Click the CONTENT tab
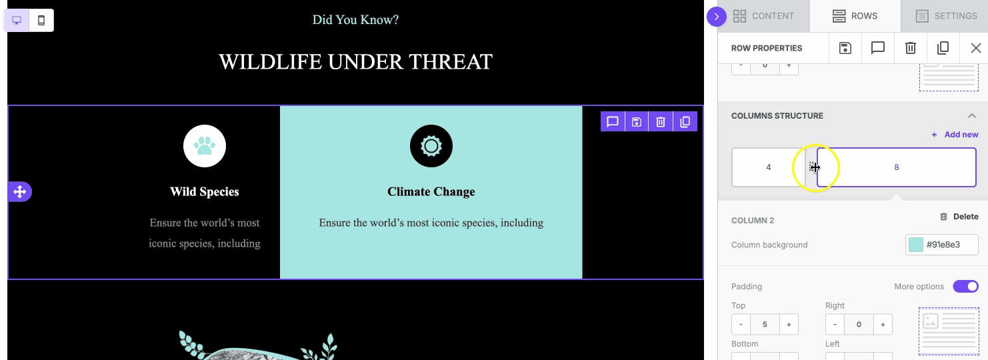pyautogui.click(x=763, y=16)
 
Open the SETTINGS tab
pyautogui.click(x=946, y=16)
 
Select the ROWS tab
pyautogui.click(x=855, y=16)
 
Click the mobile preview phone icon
pyautogui.click(x=41, y=20)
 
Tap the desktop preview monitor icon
pyautogui.click(x=17, y=20)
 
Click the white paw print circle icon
pyautogui.click(x=205, y=146)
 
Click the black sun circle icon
pyautogui.click(x=431, y=146)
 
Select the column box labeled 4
pyautogui.click(x=769, y=167)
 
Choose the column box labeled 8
pyautogui.click(x=896, y=167)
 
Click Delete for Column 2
pyautogui.click(x=959, y=217)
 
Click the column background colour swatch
pyautogui.click(x=916, y=245)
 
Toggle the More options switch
pyautogui.click(x=965, y=286)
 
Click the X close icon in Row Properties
pyautogui.click(x=976, y=48)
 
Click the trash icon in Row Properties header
pyautogui.click(x=911, y=48)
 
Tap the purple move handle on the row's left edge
pyautogui.click(x=20, y=192)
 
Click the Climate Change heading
pyautogui.click(x=431, y=191)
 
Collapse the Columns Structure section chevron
pyautogui.click(x=972, y=115)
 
